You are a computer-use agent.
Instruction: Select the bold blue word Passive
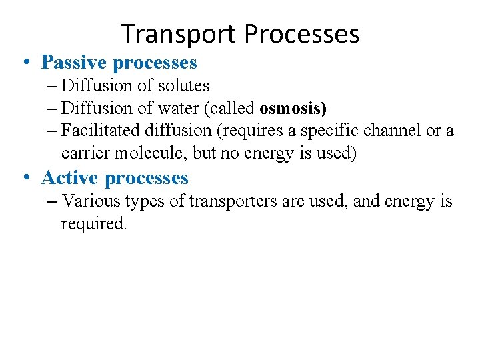point(75,63)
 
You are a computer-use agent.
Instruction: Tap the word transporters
point(235,201)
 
